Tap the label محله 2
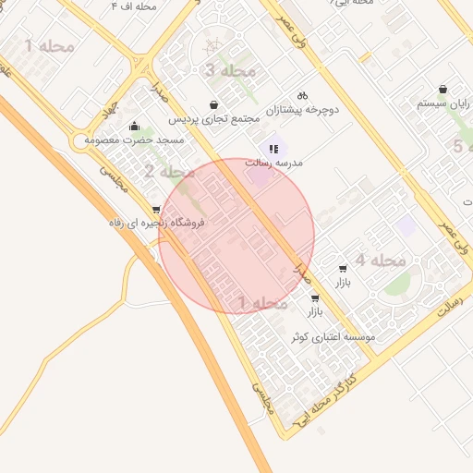pyautogui.click(x=169, y=171)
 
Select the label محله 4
pyautogui.click(x=380, y=261)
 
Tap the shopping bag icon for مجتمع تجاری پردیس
pyautogui.click(x=214, y=104)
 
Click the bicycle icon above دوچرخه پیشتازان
pyautogui.click(x=302, y=95)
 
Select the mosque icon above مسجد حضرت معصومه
pyautogui.click(x=134, y=127)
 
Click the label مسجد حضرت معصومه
pyautogui.click(x=135, y=140)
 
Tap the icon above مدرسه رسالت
pyautogui.click(x=273, y=148)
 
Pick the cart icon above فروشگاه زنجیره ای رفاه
pyautogui.click(x=155, y=210)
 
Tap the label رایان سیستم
pyautogui.click(x=444, y=104)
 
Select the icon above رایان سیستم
pyautogui.click(x=444, y=90)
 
